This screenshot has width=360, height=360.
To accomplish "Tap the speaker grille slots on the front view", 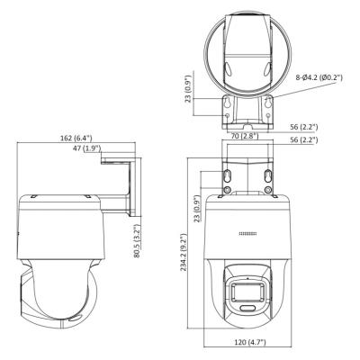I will (247, 234).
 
